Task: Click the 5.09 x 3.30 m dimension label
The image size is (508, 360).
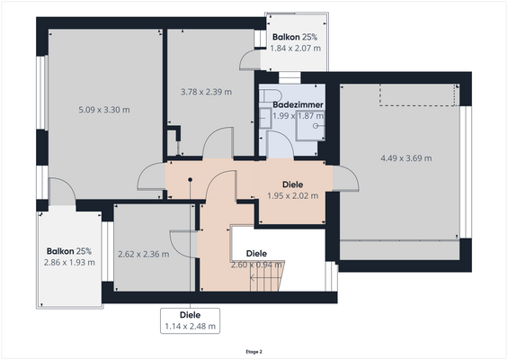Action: point(104,110)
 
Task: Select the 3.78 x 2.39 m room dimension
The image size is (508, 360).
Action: point(206,91)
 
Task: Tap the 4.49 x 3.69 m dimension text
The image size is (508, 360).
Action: point(406,158)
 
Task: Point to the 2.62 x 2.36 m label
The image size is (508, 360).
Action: point(144,254)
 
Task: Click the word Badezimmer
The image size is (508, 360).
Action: point(299,105)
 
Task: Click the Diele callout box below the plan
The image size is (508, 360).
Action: point(189,320)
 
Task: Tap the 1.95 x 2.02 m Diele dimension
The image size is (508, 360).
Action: point(293,194)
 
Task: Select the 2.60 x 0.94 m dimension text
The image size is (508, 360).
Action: point(257,265)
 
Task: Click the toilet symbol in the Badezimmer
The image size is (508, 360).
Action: point(272,94)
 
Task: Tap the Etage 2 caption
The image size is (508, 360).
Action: point(254,352)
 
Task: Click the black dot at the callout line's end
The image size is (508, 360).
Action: point(190,179)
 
